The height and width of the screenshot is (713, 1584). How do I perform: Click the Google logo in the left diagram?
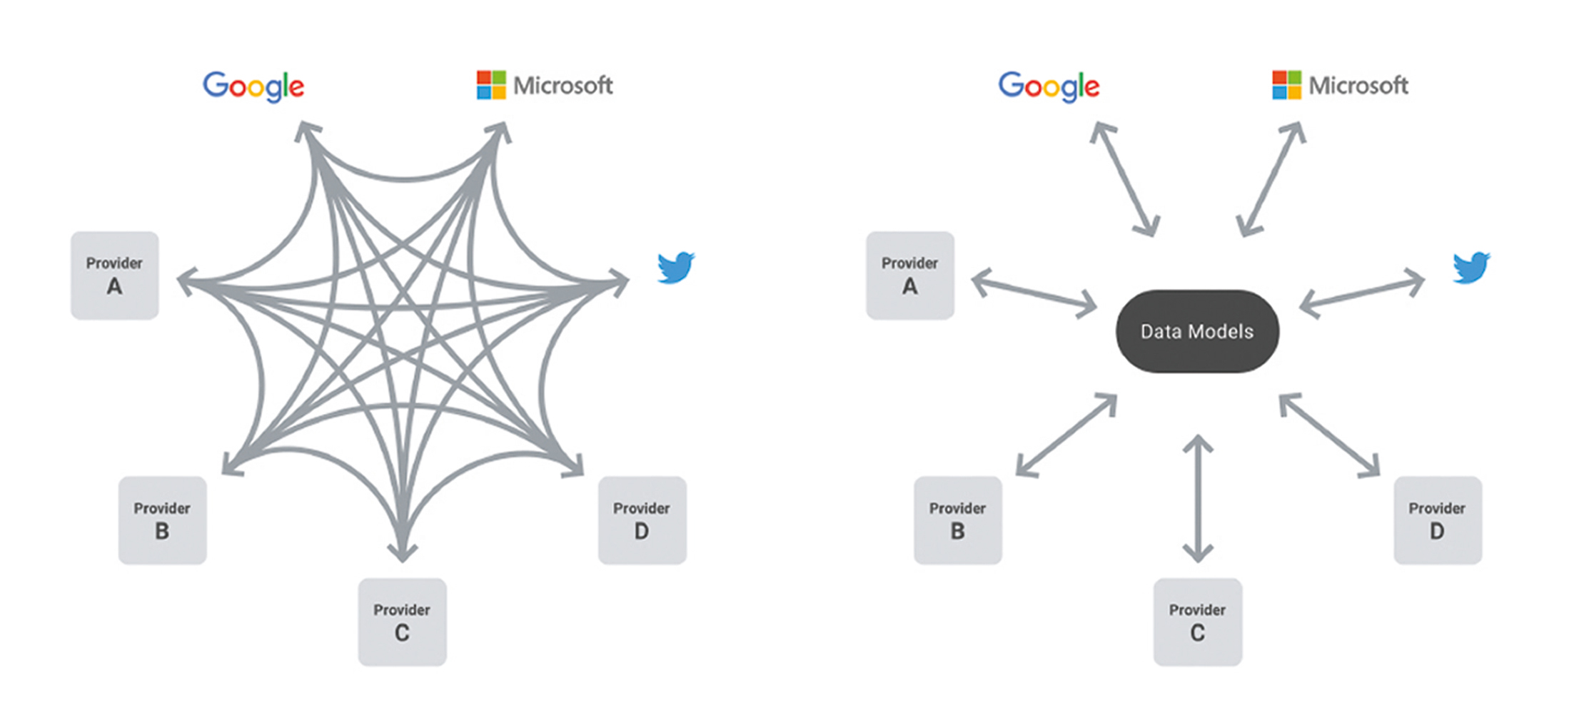(253, 86)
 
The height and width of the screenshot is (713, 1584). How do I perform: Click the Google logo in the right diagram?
(1049, 86)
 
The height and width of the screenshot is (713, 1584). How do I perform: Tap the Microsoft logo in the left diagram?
(545, 86)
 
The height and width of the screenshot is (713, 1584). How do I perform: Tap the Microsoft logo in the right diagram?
(1340, 86)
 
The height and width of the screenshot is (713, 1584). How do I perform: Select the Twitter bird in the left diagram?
(675, 268)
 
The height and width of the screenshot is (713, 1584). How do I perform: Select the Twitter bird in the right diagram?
(1471, 268)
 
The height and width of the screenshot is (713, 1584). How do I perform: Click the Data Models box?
(1197, 331)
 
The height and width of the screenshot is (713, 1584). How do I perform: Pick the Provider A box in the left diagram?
(114, 275)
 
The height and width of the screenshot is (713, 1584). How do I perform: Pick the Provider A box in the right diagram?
(909, 275)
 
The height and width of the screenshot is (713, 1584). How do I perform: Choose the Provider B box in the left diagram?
(162, 520)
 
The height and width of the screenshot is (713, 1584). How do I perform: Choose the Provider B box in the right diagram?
(957, 520)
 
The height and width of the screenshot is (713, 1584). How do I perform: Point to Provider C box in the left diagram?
(402, 622)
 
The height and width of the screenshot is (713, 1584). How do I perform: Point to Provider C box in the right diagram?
(1197, 622)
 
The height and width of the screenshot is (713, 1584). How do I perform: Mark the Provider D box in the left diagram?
(642, 520)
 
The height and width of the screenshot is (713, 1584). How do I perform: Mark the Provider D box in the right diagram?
(1437, 520)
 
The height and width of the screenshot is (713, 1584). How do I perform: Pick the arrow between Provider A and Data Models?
(1034, 293)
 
